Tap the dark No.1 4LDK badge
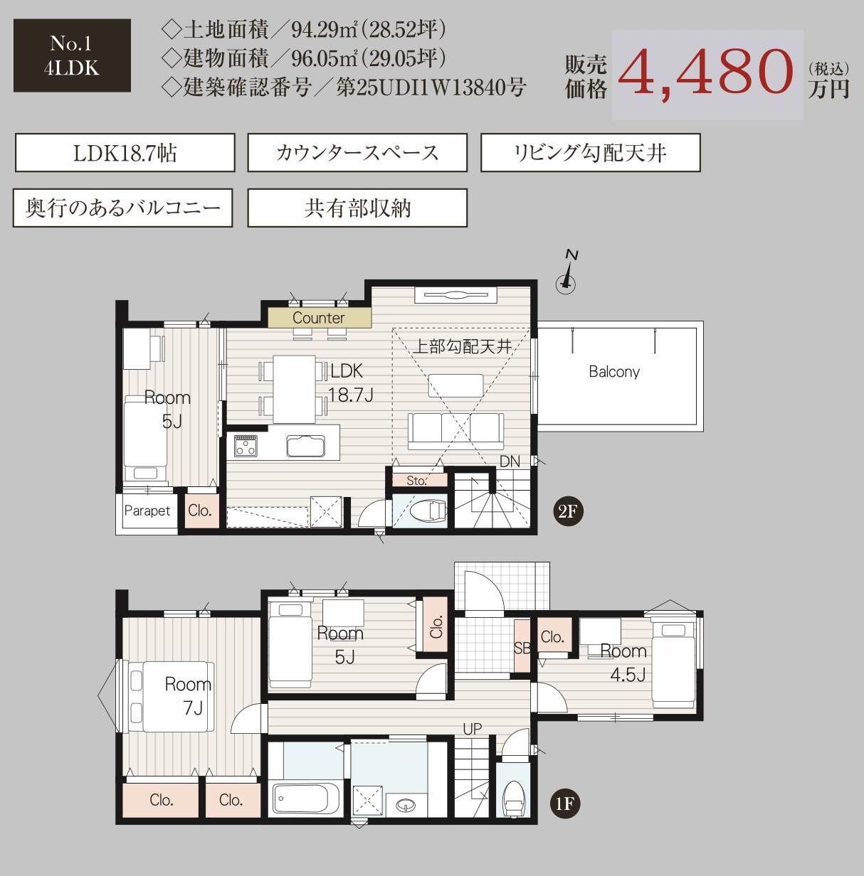pos(72,55)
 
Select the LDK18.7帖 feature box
pos(125,153)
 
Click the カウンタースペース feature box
pos(357,153)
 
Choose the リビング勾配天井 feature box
pos(591,153)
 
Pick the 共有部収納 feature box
pos(357,208)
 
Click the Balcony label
pos(614,372)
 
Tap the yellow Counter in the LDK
pos(319,318)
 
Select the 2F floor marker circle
pos(567,512)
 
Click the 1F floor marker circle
pos(564,804)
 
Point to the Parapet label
pos(147,511)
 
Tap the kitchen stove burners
pos(246,446)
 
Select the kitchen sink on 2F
pos(306,446)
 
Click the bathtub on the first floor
pos(306,798)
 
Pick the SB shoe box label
pos(522,647)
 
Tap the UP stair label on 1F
pos(472,729)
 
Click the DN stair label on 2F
pos(510,461)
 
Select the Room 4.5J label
pos(625,663)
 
